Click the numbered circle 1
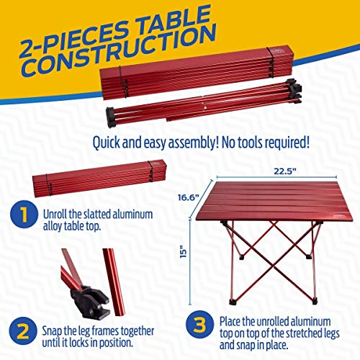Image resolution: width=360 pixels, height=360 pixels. click(24, 214)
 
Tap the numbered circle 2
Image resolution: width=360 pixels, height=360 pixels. click(23, 331)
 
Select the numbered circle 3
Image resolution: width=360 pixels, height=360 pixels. click(200, 324)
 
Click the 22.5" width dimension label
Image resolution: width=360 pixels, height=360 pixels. click(285, 171)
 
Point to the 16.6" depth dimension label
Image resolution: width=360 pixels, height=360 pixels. click(189, 197)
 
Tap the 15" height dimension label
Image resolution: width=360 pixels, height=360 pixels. click(184, 251)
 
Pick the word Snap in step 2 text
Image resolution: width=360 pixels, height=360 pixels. click(52, 331)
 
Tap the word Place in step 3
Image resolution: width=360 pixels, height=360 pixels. click(230, 321)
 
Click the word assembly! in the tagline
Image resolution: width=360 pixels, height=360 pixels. click(193, 143)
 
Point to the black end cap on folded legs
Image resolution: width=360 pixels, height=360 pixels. click(111, 117)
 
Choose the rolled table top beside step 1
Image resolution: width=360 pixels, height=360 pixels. click(99, 178)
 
